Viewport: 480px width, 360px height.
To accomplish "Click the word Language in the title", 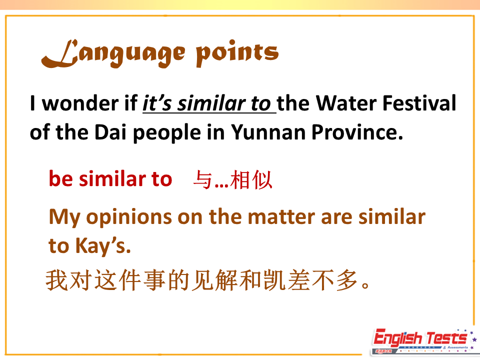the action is (x=113, y=52).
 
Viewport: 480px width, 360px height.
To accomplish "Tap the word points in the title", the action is (x=237, y=52).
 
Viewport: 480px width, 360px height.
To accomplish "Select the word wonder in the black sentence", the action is (x=80, y=103).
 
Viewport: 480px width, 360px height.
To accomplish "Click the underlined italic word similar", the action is (x=211, y=103).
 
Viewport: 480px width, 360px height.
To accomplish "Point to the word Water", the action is (x=346, y=103).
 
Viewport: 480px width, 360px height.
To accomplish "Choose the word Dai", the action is (x=110, y=132).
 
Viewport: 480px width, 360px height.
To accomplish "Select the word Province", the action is (x=357, y=132).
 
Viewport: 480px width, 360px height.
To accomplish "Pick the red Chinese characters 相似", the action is (x=251, y=179).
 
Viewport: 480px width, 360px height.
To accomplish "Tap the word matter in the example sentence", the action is (x=281, y=216).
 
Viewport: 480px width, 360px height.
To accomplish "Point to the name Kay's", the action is (x=103, y=246).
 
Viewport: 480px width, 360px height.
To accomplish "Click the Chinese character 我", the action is (x=56, y=280).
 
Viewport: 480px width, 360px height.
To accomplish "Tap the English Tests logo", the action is (x=424, y=341).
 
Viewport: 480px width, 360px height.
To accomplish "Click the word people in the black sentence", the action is (x=167, y=133).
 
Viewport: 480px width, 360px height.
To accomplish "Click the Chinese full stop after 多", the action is (x=365, y=285).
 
